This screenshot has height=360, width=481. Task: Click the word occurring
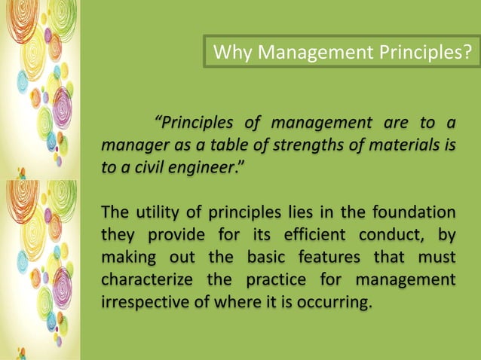(337, 304)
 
